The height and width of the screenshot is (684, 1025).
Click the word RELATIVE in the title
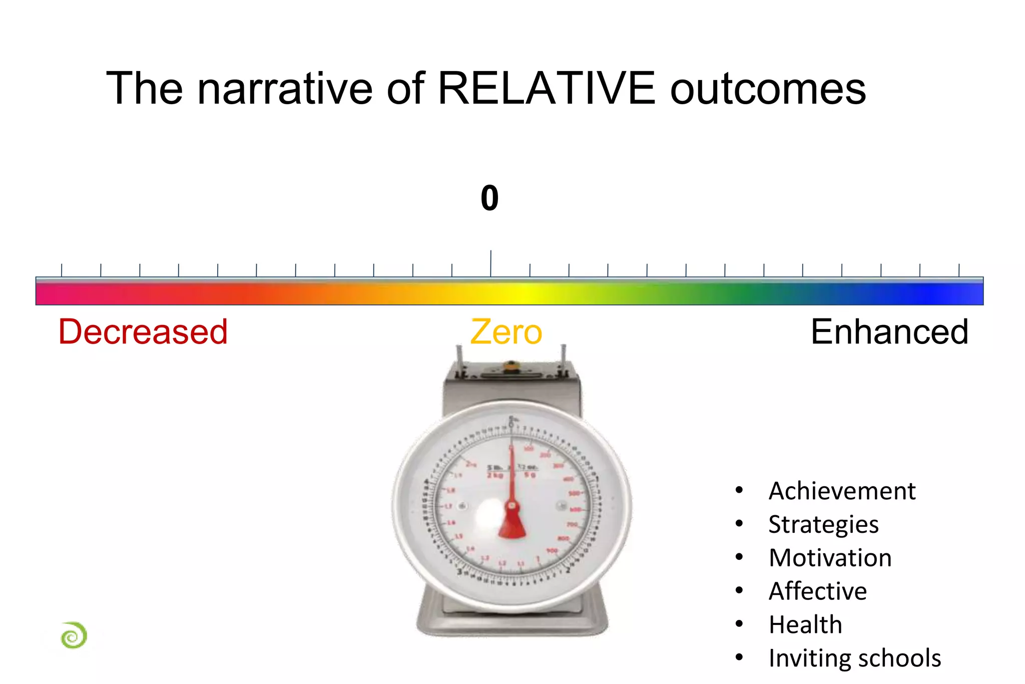pyautogui.click(x=546, y=89)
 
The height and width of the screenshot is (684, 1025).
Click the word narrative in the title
pyautogui.click(x=285, y=89)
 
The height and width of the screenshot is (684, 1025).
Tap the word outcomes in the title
pyautogui.click(x=768, y=89)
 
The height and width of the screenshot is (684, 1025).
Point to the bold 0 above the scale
pyautogui.click(x=489, y=198)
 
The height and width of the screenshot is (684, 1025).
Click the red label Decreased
pyautogui.click(x=143, y=332)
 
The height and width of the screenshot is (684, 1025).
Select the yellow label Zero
pyautogui.click(x=506, y=332)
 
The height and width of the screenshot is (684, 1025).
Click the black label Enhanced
pyautogui.click(x=889, y=332)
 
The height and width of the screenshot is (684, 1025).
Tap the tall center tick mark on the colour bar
pyautogui.click(x=490, y=263)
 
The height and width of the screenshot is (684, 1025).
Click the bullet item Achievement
pyautogui.click(x=842, y=491)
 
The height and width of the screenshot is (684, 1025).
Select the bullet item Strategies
pyautogui.click(x=823, y=524)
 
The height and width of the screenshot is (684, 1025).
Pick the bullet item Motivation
pyautogui.click(x=830, y=558)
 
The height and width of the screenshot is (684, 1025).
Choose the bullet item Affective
pyautogui.click(x=817, y=591)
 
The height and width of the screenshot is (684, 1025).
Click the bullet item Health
pyautogui.click(x=805, y=625)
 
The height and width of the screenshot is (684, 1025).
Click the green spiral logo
pyautogui.click(x=74, y=635)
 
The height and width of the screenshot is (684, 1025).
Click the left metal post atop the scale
pyautogui.click(x=459, y=358)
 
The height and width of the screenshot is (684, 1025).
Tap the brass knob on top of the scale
pyautogui.click(x=510, y=365)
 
